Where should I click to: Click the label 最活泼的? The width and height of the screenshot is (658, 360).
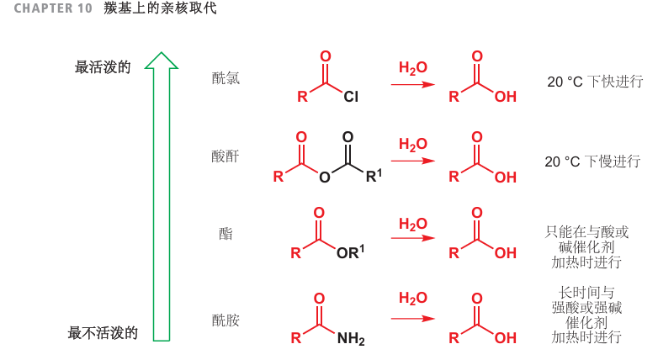103,67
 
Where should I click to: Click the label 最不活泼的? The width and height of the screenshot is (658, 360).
103,333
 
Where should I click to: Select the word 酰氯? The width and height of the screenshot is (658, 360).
226,78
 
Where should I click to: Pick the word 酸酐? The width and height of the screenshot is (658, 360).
226,156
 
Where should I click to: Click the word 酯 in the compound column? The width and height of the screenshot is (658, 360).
226,234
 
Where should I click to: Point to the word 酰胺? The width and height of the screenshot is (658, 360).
226,320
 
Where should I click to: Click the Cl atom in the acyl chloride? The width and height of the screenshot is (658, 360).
351,98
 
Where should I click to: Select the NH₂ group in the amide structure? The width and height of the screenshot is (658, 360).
351,340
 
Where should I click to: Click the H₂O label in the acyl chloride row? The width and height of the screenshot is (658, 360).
413,67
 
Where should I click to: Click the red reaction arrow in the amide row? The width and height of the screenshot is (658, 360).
413,319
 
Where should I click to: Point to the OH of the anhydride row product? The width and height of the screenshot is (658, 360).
505,177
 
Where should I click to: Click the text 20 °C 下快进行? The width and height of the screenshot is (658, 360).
595,82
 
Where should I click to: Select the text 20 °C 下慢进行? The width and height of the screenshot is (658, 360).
592,161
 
